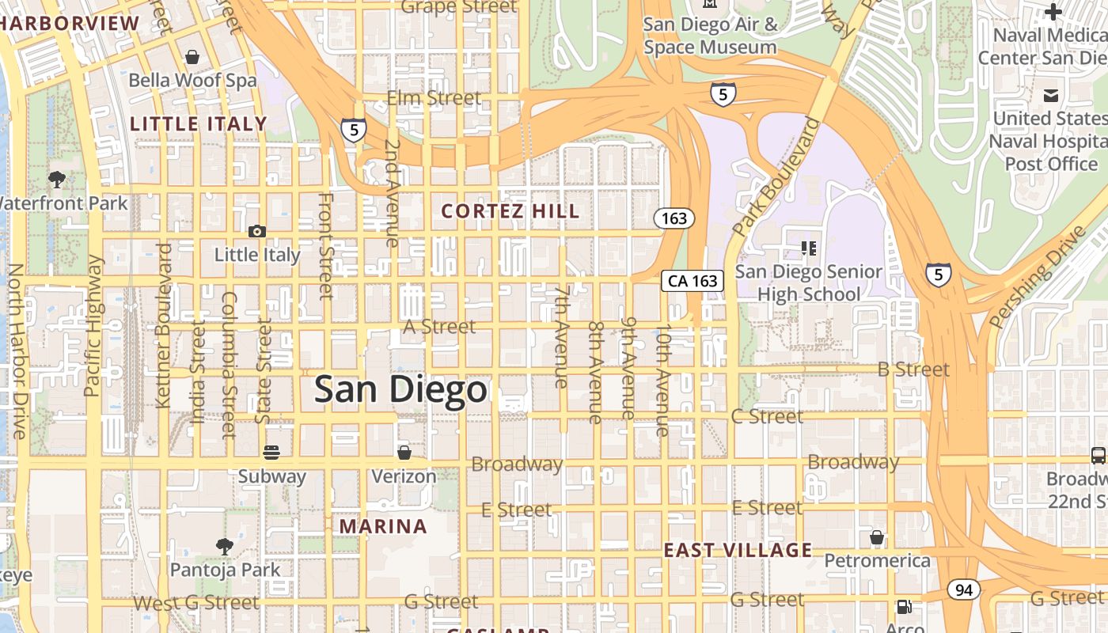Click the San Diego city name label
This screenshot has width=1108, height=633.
(x=400, y=389)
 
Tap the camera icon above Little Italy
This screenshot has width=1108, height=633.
(x=257, y=231)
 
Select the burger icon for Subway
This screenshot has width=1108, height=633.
(x=271, y=453)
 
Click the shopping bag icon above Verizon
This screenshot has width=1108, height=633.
(x=404, y=453)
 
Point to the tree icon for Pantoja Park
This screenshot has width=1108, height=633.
(x=225, y=546)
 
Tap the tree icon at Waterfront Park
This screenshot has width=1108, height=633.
(x=57, y=180)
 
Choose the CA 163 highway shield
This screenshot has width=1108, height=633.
(x=692, y=280)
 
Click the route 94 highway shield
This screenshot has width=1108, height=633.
(x=963, y=589)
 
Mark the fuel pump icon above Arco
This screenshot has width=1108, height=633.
(x=904, y=608)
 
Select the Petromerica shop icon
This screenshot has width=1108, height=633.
(x=877, y=538)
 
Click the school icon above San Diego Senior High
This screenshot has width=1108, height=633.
(x=808, y=248)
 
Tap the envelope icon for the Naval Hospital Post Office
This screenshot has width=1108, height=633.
(x=1051, y=96)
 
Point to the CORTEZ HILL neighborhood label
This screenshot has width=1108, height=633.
(x=510, y=211)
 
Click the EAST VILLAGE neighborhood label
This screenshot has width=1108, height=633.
(x=738, y=551)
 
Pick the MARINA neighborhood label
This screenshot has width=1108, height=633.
(x=383, y=526)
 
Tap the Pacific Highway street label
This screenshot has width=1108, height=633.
(x=93, y=325)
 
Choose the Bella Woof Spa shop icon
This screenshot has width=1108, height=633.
(x=192, y=57)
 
